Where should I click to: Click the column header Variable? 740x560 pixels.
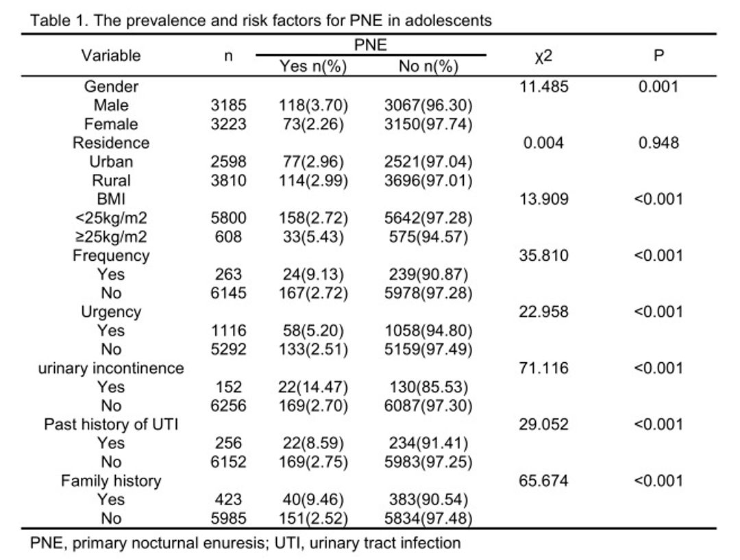[x=111, y=55]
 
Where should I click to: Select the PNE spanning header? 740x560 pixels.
[x=371, y=44]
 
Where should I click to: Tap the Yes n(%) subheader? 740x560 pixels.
[x=313, y=66]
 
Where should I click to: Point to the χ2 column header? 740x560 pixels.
[x=543, y=57]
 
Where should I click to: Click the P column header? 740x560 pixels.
[x=659, y=55]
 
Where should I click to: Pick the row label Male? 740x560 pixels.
[x=111, y=105]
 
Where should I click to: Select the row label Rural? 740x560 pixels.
[x=111, y=181]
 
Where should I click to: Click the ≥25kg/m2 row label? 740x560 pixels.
[x=111, y=237]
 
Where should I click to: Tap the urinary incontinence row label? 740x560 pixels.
[x=111, y=368]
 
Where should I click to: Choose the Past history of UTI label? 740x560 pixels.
[x=111, y=424]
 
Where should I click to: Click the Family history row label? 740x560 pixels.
[x=111, y=481]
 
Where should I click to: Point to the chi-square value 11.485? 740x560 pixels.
[x=543, y=87]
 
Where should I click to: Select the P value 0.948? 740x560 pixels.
[x=659, y=143]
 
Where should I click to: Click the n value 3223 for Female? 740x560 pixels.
[x=228, y=124]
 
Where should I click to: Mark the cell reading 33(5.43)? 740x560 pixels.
[x=313, y=237]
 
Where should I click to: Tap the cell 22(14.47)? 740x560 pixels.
[x=313, y=387]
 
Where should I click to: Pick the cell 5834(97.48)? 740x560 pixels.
[x=428, y=518]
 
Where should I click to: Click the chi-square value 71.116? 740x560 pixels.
[x=543, y=368]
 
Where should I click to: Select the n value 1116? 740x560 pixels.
[x=228, y=331]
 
